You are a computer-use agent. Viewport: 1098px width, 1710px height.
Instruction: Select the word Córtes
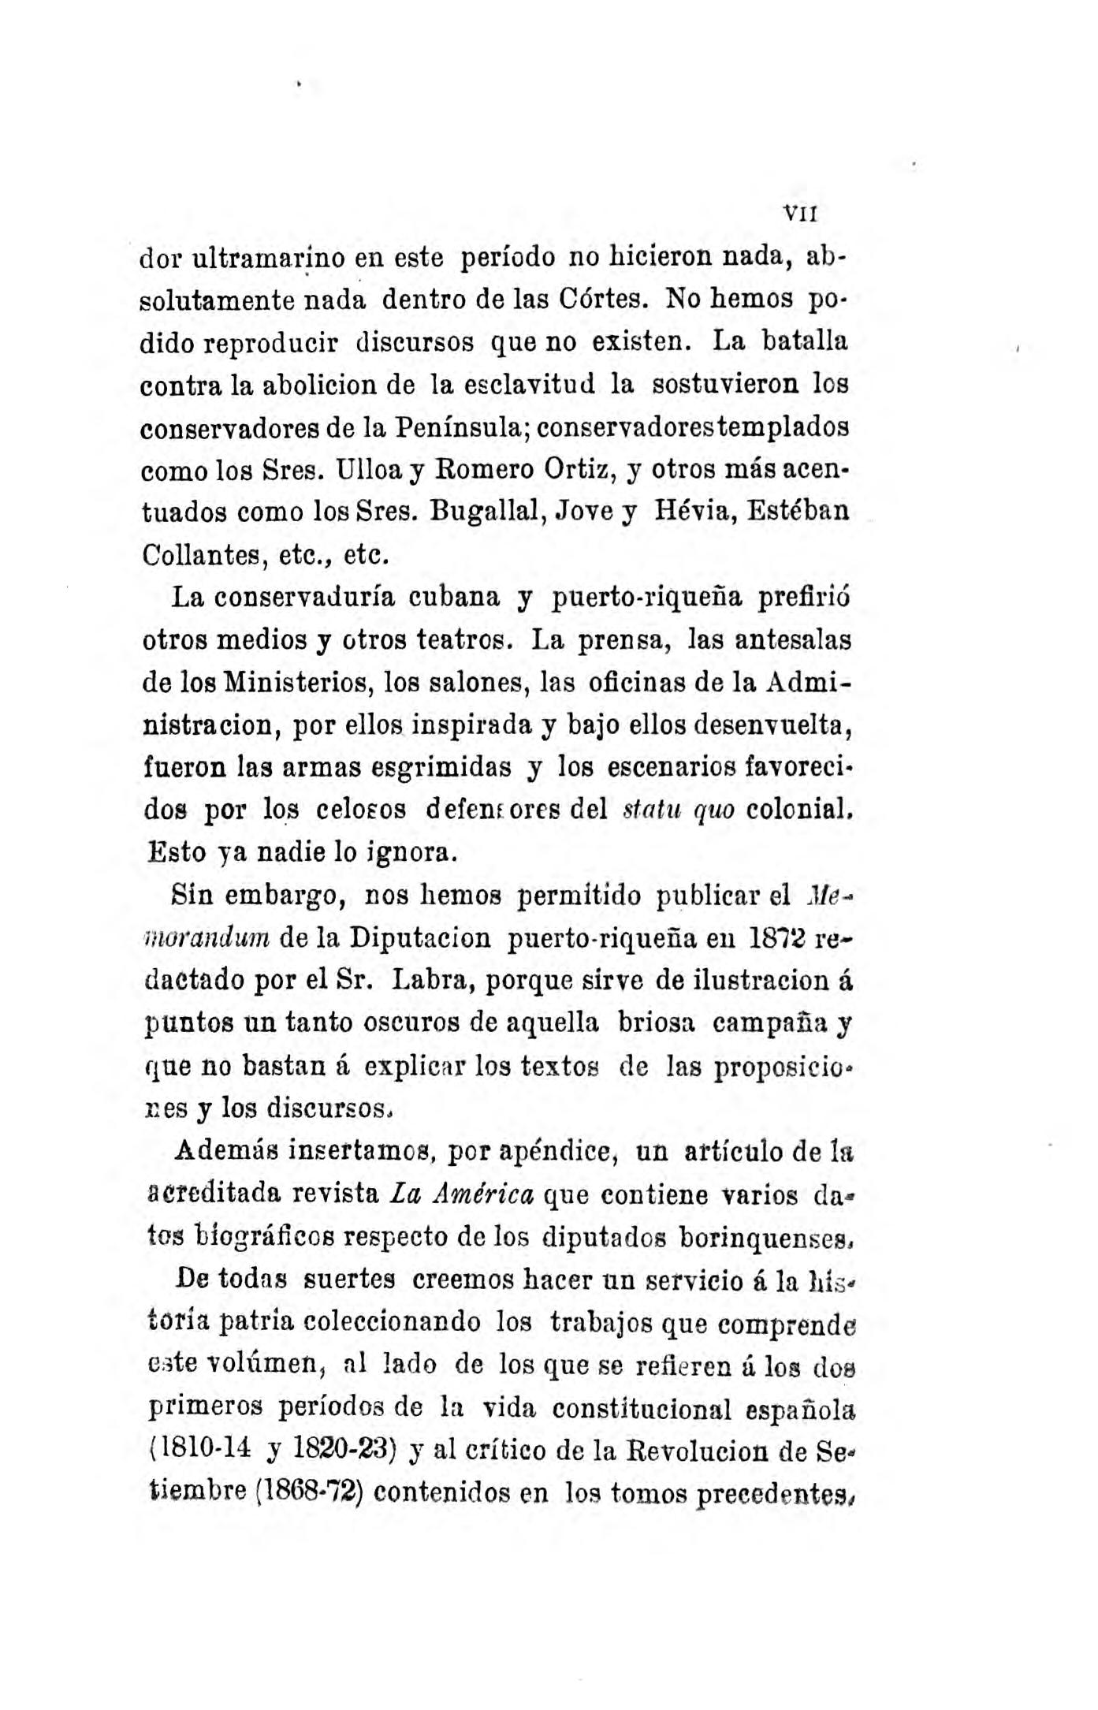click(x=605, y=300)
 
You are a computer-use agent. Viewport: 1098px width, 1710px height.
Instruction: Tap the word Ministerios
click(x=292, y=682)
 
